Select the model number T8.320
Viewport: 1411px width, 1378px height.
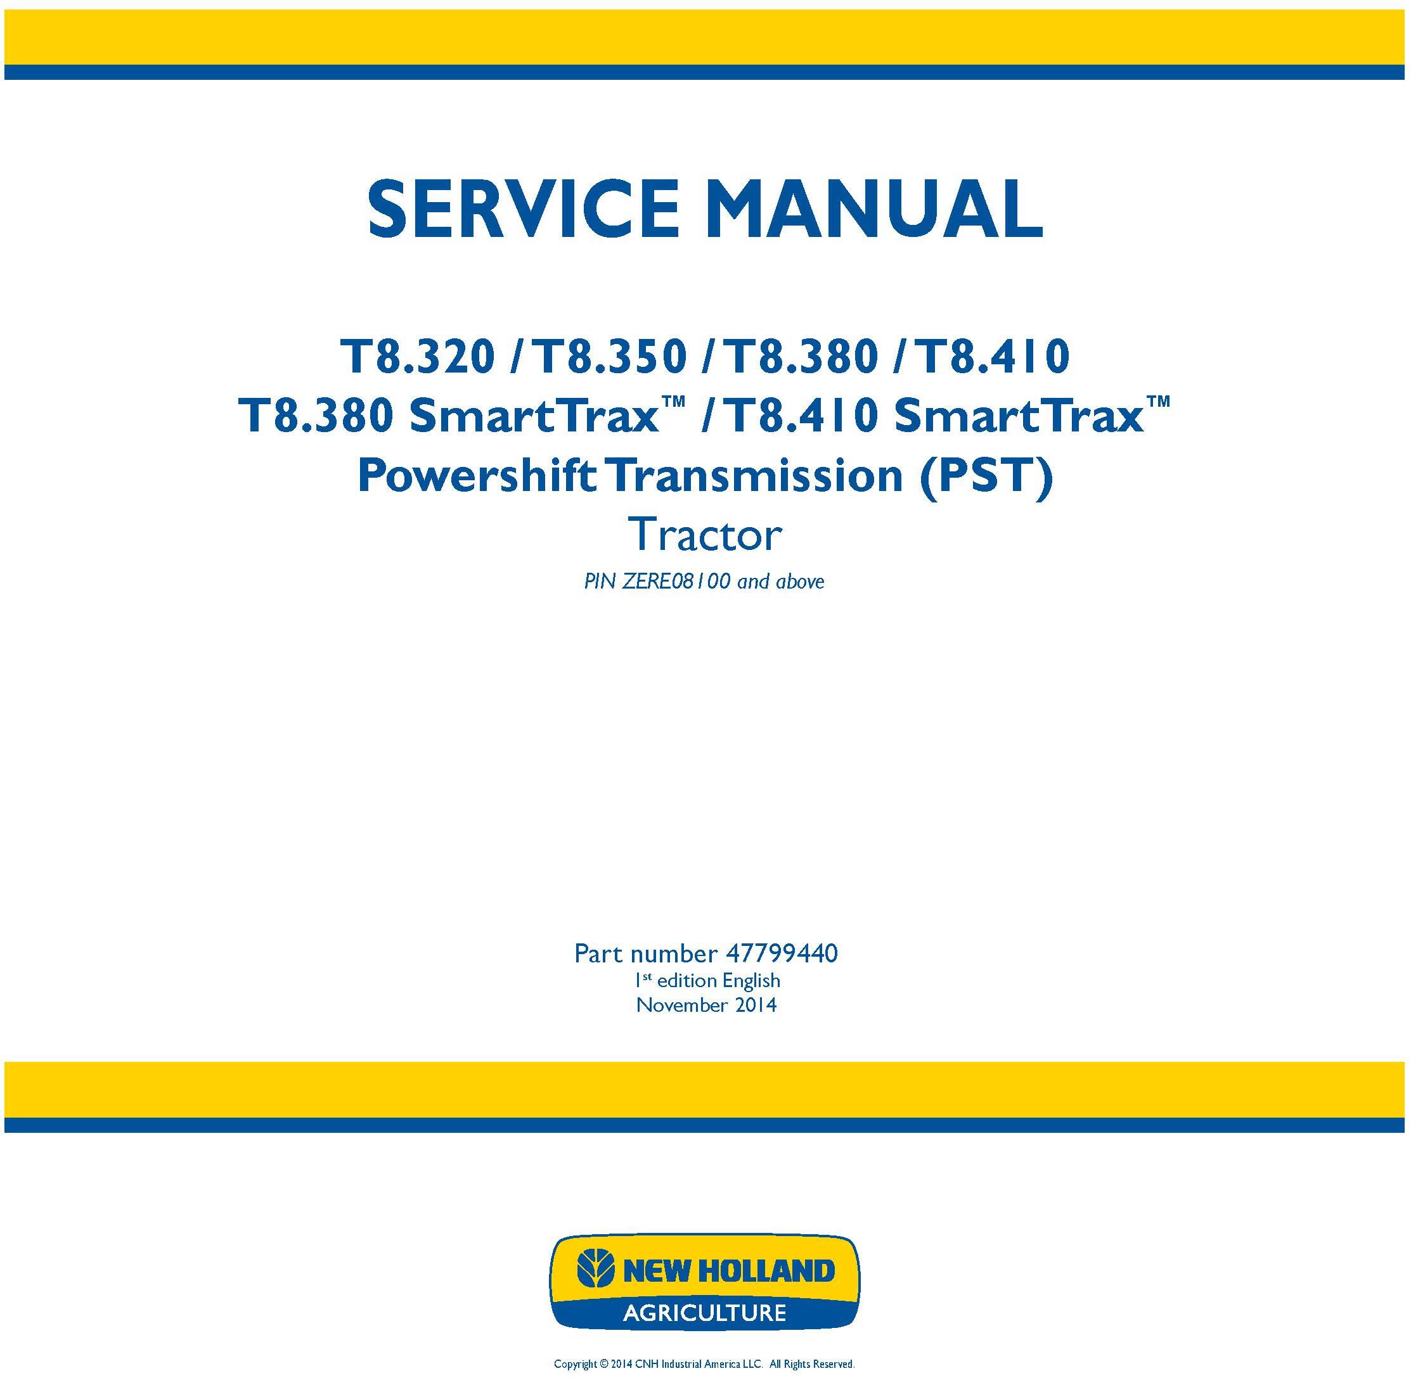[x=418, y=357]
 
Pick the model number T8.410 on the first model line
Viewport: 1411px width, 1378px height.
[x=991, y=357]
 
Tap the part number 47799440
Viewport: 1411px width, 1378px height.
[x=781, y=953]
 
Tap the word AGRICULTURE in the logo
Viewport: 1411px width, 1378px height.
[x=704, y=1312]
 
